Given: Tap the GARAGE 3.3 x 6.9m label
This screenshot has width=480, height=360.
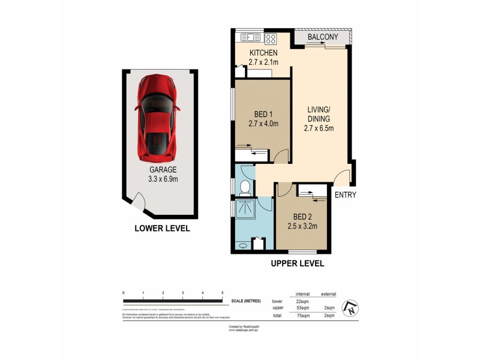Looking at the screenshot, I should pos(160,174).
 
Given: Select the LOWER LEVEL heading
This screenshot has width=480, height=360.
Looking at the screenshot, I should pos(162,228).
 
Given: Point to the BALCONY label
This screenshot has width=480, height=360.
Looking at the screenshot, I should pos(323,37).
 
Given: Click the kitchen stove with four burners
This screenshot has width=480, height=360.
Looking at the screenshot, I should pos(271,38).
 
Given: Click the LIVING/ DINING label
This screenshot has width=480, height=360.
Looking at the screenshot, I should pos(319,118).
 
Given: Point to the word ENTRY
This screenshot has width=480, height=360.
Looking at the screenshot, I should pos(345,194).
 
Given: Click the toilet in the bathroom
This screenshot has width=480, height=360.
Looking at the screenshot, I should pos(244,188).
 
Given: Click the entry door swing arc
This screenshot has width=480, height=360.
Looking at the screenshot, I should pos(342,178).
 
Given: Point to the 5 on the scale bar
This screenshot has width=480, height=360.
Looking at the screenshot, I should pos(223,292).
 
